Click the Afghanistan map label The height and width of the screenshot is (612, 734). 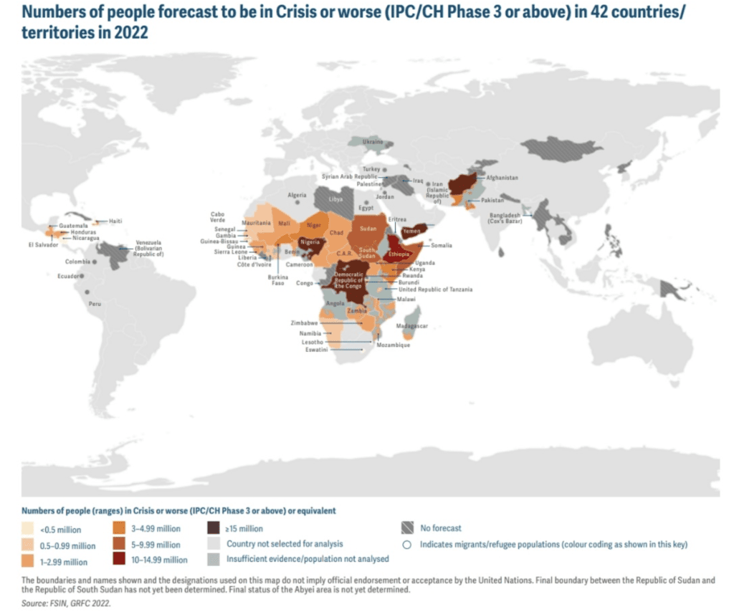[x=502, y=177]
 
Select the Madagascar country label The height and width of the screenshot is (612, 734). [x=413, y=326]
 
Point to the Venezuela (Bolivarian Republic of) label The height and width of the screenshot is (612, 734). [x=150, y=248]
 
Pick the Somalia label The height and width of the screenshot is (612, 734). [x=442, y=245]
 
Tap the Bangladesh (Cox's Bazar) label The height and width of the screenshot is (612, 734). [x=510, y=219]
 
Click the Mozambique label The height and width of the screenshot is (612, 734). [x=394, y=345]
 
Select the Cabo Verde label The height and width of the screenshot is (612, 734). [x=217, y=217]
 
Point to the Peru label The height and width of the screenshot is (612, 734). [x=95, y=303]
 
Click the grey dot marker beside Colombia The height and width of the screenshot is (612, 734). [x=95, y=262]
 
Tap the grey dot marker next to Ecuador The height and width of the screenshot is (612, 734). [x=82, y=276]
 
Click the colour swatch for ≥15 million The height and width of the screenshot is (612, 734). [x=213, y=529]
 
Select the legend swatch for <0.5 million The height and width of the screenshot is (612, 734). [x=29, y=530]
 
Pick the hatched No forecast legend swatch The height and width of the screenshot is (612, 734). [x=407, y=529]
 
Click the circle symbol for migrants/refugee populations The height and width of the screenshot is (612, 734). [x=407, y=545]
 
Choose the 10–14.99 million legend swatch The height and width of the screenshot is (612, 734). [x=118, y=560]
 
